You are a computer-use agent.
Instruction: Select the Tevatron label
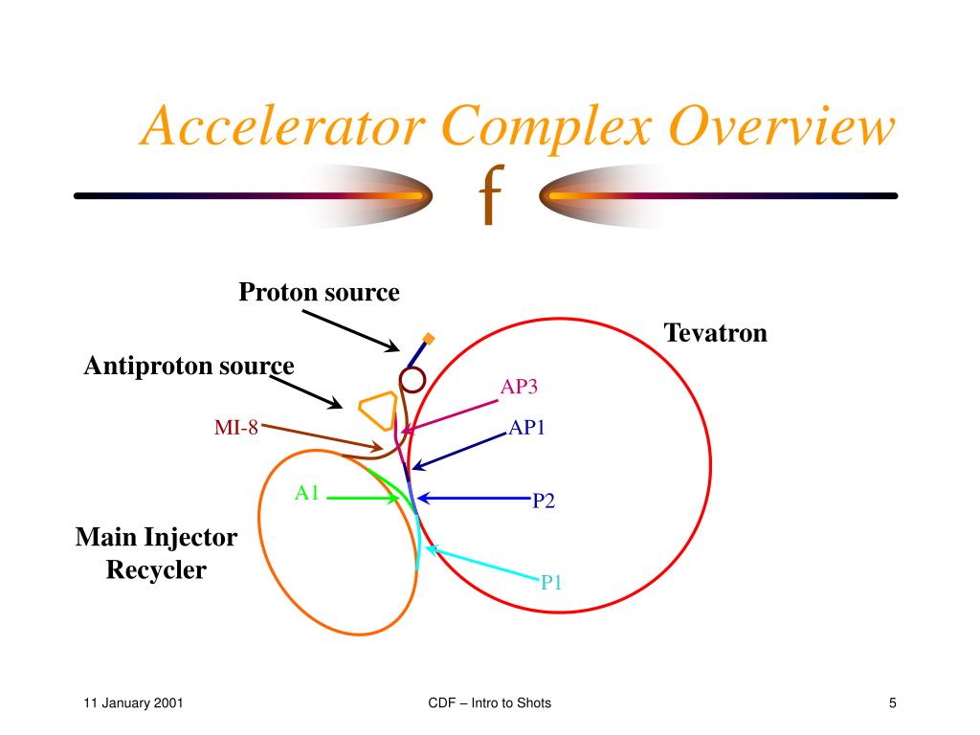point(716,333)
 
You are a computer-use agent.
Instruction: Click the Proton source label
point(319,292)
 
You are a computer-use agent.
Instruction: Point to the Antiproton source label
point(189,366)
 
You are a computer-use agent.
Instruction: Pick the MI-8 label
point(235,428)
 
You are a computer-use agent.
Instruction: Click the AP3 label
point(520,387)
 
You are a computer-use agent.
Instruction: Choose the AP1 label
point(526,428)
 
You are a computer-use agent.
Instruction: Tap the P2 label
point(544,501)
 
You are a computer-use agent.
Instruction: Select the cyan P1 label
point(551,582)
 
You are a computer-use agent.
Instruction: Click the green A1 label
point(306,493)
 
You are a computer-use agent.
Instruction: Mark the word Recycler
point(156,570)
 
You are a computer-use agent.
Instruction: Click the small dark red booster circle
point(412,380)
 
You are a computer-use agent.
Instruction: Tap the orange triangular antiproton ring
point(377,410)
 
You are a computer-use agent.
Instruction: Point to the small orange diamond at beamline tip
point(430,338)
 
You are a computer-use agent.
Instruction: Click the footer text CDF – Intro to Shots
point(490,704)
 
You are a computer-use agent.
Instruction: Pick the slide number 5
point(892,704)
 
